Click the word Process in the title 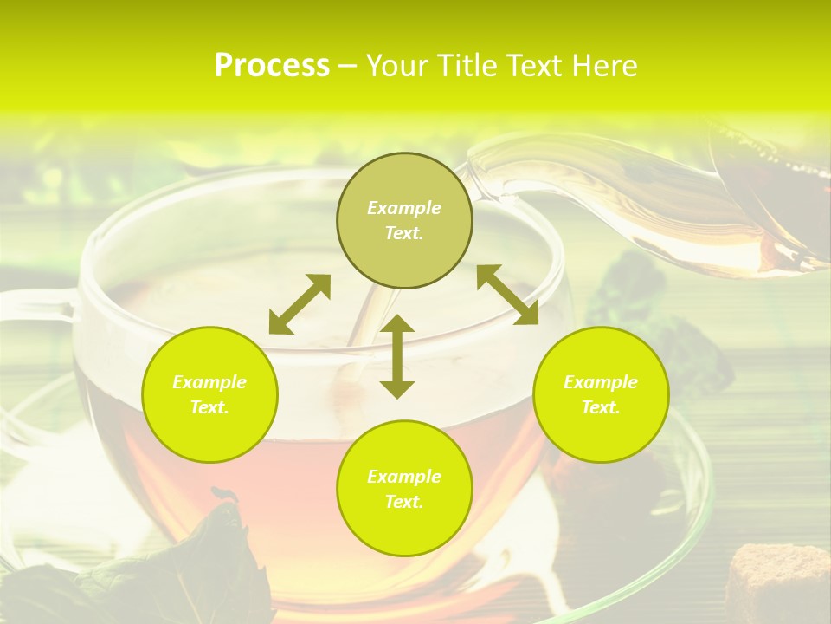pyautogui.click(x=272, y=65)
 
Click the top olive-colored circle pyautogui.click(x=404, y=220)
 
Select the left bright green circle pyautogui.click(x=209, y=394)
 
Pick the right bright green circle pyautogui.click(x=601, y=394)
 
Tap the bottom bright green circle pyautogui.click(x=404, y=488)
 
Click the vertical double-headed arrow pyautogui.click(x=397, y=356)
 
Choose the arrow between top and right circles pyautogui.click(x=507, y=295)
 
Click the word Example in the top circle pyautogui.click(x=404, y=208)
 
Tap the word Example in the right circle pyautogui.click(x=601, y=382)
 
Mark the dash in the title pyautogui.click(x=347, y=66)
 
